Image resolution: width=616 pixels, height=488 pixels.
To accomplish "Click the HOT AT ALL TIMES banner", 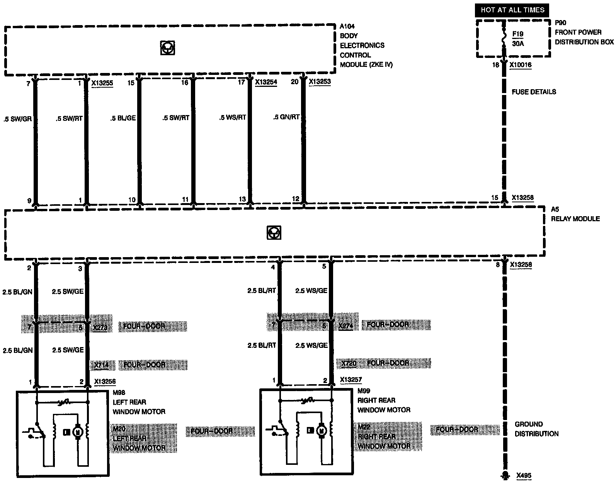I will coord(512,10).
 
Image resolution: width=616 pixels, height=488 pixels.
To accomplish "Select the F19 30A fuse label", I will coord(518,39).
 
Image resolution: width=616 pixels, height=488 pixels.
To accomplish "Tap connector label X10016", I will coord(520,65).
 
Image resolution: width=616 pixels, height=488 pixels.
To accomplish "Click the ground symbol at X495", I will coord(504,475).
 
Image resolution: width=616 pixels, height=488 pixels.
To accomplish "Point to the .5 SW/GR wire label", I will coord(17,119).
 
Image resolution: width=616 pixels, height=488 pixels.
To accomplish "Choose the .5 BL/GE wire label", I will coord(123,118).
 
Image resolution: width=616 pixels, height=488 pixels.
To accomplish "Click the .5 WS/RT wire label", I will coord(232,117).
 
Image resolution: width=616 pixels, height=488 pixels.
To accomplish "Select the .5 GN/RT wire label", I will coord(286,117).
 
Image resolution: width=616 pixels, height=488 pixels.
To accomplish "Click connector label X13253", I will coord(320,81).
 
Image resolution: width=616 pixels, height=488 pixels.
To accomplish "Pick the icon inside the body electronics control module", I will coord(167,48).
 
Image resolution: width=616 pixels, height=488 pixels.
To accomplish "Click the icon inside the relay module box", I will coord(274,233).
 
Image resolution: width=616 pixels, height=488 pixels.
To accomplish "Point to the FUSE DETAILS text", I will coord(534,92).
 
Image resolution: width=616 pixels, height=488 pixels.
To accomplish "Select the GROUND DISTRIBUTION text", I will coord(536,429).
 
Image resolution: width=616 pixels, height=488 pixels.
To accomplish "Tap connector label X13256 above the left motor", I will coord(105,381).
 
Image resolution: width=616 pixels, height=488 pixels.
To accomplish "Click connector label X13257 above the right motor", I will coord(351,380).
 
